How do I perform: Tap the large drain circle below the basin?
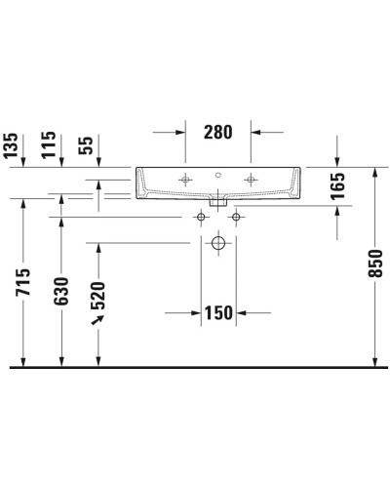pos(218,241)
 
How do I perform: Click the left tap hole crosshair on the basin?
pos(185,179)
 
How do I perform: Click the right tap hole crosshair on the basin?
pos(252,179)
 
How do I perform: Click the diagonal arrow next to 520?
pos(97,319)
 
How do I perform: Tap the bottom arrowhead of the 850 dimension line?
pos(374,362)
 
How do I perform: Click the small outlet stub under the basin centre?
pos(218,207)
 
